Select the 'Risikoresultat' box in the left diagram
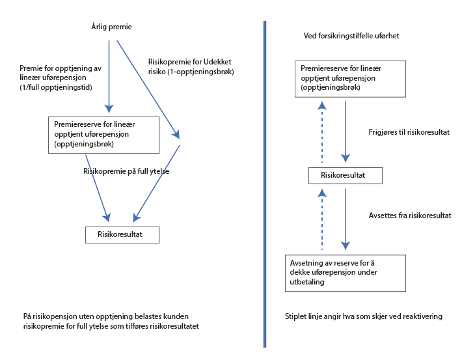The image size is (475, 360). (122, 234)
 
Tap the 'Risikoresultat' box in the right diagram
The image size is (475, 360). (345, 176)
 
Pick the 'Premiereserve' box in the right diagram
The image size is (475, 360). (351, 78)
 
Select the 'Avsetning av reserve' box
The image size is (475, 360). (346, 272)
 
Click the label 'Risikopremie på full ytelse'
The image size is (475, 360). (126, 171)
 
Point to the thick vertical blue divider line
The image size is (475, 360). (265, 182)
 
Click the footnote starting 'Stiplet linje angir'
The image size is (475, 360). (363, 316)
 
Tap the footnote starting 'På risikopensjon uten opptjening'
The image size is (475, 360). (111, 321)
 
